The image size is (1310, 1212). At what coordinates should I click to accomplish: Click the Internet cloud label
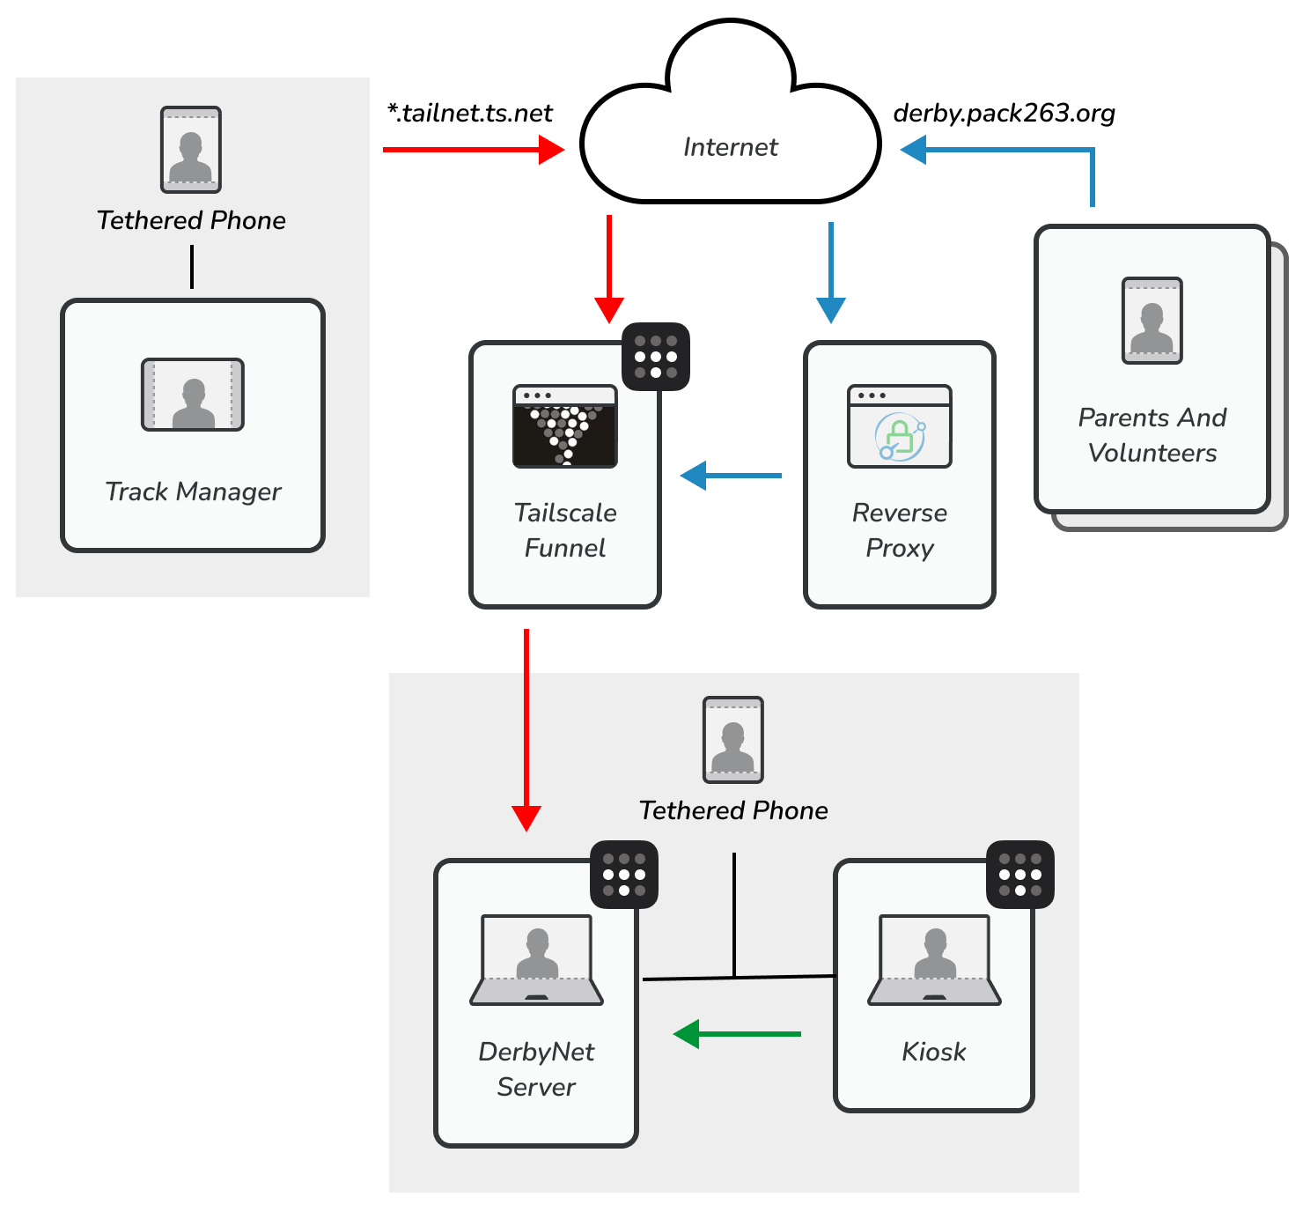[731, 147]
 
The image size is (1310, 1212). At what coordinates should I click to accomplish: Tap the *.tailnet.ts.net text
[470, 114]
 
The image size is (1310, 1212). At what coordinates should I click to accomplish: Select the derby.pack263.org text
[1004, 114]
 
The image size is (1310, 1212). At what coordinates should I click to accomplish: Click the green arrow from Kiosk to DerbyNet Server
[737, 1033]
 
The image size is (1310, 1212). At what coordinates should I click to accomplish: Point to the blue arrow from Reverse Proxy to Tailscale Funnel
[731, 476]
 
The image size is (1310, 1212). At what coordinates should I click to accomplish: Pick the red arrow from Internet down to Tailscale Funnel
[609, 269]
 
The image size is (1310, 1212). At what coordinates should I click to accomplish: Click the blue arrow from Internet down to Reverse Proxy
[831, 272]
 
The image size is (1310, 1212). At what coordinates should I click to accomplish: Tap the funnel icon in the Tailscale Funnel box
[565, 426]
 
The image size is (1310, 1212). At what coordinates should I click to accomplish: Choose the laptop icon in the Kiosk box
[935, 960]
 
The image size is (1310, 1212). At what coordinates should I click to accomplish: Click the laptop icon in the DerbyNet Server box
[537, 960]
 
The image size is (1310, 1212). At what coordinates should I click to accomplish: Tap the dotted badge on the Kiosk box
[1020, 875]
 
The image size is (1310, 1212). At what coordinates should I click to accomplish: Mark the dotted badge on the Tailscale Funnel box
[656, 357]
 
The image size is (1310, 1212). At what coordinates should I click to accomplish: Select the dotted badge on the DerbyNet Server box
[624, 875]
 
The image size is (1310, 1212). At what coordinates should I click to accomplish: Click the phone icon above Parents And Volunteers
[1152, 321]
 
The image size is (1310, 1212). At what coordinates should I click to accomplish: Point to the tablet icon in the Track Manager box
[193, 395]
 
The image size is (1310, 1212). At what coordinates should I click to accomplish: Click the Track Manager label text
[193, 491]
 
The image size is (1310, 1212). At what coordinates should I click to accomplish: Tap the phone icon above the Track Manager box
[191, 150]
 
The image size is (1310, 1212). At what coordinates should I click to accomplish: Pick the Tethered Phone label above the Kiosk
[733, 810]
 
